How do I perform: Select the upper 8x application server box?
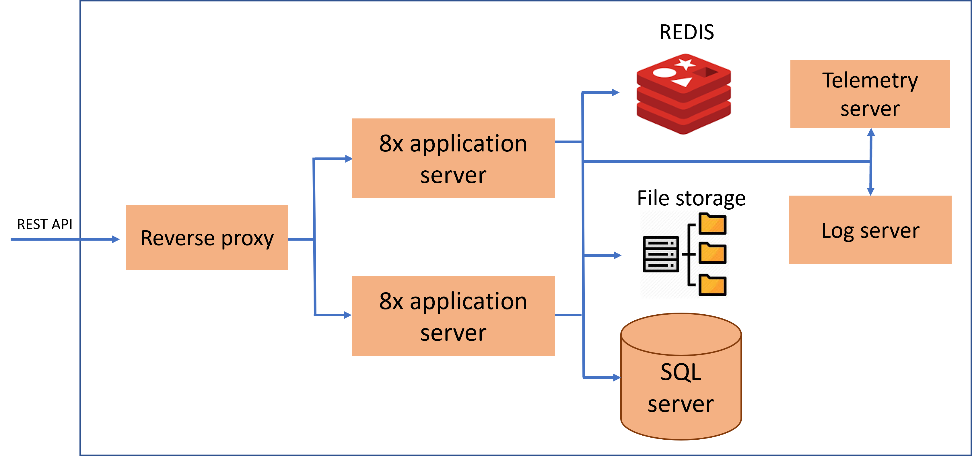pos(453,158)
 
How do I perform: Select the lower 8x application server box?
pos(453,316)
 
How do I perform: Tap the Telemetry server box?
pos(870,94)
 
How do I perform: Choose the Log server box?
pos(870,230)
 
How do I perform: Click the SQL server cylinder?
pos(681,389)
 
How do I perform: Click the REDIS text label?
pos(686,32)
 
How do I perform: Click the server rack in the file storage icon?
pos(661,254)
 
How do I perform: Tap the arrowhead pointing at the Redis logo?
pos(615,92)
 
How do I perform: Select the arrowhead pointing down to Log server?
pos(870,191)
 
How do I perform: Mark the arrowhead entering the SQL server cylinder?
pos(617,377)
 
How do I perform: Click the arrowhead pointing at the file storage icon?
pos(617,255)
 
